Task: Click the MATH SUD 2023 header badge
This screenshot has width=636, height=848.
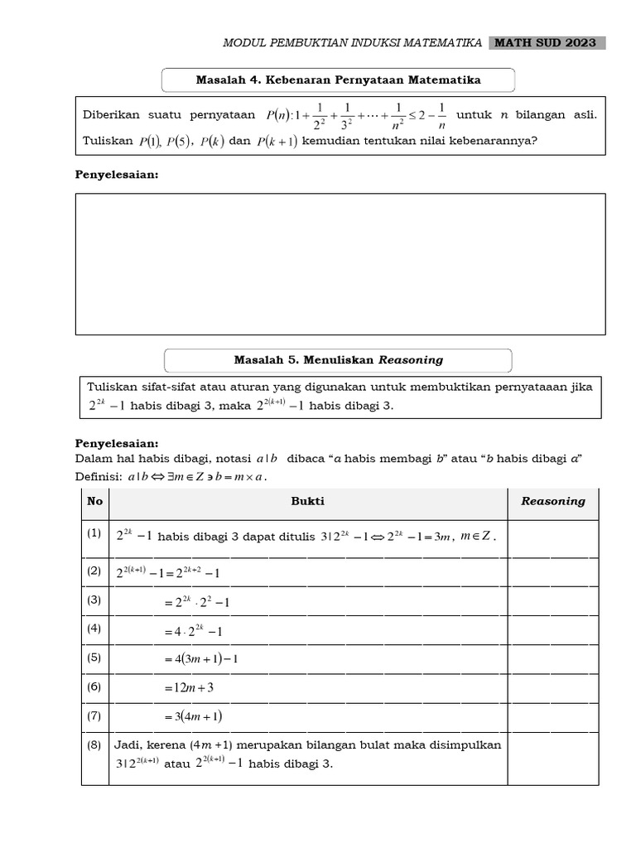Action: (547, 43)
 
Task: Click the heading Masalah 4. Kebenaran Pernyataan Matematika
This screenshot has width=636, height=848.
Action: (338, 80)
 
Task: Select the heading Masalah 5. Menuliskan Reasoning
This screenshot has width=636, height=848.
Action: (338, 360)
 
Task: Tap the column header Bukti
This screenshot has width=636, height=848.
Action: (308, 502)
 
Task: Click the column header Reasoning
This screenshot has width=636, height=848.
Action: (552, 501)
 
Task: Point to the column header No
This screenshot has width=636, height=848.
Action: (95, 502)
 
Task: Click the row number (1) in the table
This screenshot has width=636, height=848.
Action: (94, 535)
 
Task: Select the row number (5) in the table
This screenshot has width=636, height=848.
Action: (94, 658)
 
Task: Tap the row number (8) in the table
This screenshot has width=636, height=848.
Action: (94, 745)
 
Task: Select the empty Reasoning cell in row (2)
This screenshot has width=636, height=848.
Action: (552, 572)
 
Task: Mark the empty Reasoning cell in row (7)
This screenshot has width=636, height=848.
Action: (552, 716)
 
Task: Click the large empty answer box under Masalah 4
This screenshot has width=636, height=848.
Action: (340, 263)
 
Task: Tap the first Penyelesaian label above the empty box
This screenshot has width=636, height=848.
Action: (117, 175)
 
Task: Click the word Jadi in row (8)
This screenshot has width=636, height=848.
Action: (129, 745)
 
